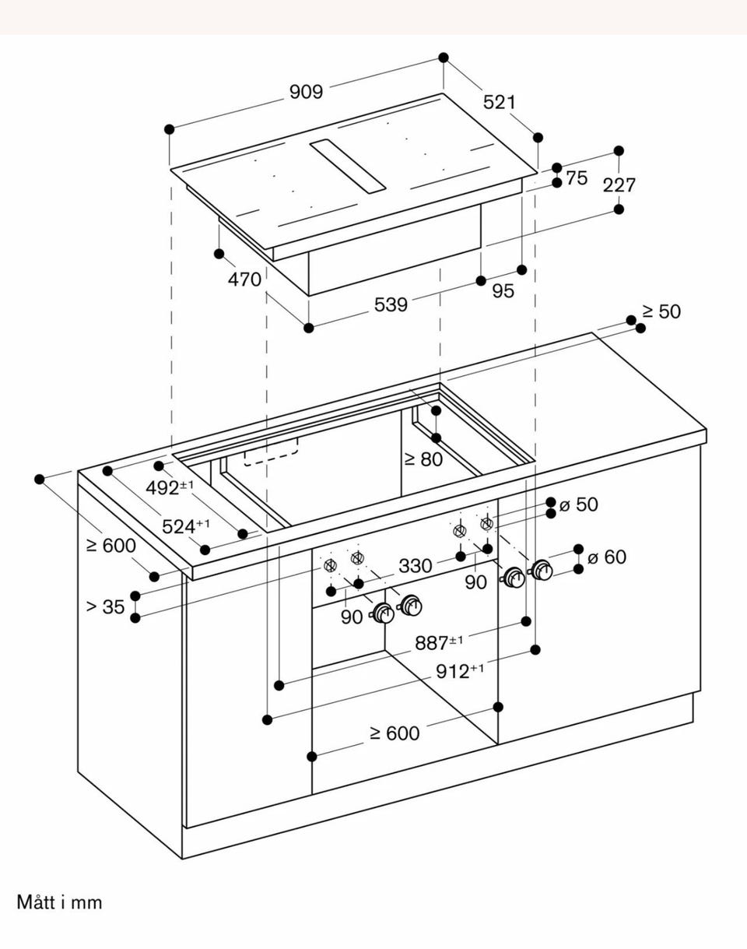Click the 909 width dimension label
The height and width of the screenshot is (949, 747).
(x=307, y=92)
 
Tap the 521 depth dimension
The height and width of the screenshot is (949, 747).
(x=500, y=102)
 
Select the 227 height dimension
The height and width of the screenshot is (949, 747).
(x=619, y=185)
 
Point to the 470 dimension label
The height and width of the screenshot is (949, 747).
(x=244, y=279)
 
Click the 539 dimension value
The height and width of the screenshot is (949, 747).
(x=391, y=304)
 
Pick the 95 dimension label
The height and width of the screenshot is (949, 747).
(x=503, y=291)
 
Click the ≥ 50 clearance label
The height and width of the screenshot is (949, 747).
(x=661, y=311)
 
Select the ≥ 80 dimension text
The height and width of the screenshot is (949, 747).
(x=423, y=459)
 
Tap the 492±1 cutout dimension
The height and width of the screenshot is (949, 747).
(x=170, y=487)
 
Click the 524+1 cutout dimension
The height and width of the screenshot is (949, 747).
(x=186, y=526)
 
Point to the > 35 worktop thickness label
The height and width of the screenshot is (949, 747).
(x=106, y=607)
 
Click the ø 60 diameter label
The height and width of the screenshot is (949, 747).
(x=607, y=557)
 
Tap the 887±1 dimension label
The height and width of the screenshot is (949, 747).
(x=440, y=642)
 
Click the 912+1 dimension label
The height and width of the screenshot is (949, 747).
(x=460, y=671)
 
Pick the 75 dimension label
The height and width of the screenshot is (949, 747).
(x=577, y=178)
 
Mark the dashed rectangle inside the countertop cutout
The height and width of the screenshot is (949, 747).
(x=271, y=452)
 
